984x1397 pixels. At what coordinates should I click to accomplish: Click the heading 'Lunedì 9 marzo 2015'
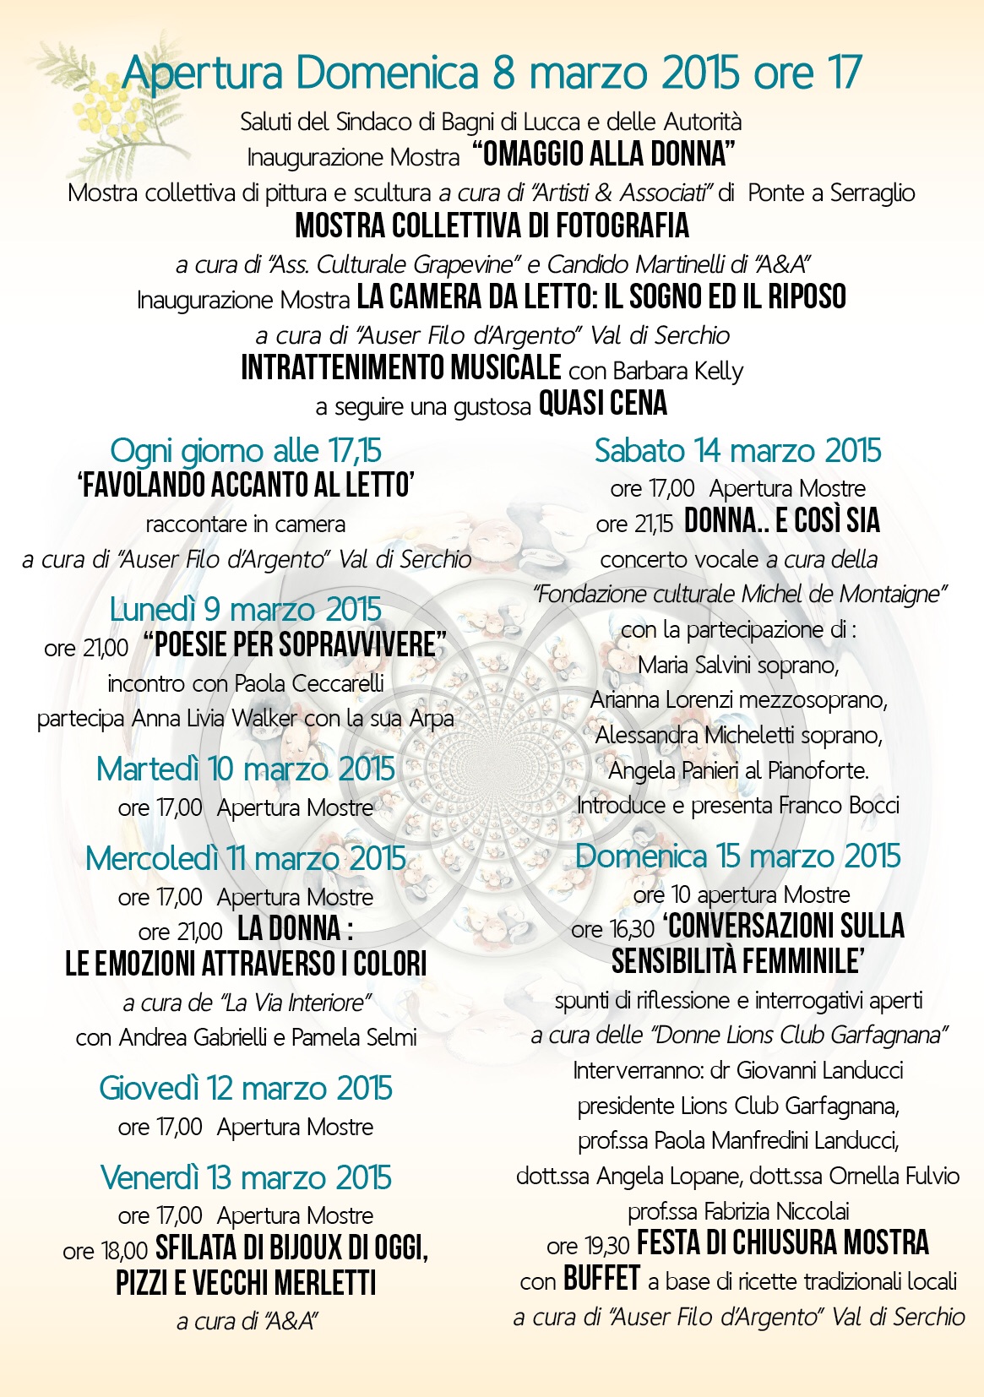(245, 610)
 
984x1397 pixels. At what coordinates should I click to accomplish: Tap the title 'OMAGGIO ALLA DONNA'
(603, 155)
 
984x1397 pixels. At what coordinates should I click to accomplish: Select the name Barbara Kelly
(678, 372)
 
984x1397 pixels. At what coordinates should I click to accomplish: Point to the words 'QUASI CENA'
(603, 405)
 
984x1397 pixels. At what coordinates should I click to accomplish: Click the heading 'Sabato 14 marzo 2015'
(737, 451)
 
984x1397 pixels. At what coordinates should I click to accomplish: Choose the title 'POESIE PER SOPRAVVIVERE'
(295, 646)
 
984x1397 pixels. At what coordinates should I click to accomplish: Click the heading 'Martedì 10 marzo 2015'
(245, 769)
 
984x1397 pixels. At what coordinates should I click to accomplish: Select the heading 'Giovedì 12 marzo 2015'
(245, 1089)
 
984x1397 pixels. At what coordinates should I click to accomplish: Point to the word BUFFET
(601, 1280)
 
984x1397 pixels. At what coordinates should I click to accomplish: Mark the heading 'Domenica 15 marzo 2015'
(737, 856)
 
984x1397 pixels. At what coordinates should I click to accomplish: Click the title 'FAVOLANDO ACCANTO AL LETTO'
(246, 486)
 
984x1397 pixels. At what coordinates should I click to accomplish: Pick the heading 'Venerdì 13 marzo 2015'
(245, 1178)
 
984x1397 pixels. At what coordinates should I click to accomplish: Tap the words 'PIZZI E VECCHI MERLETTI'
(246, 1284)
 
